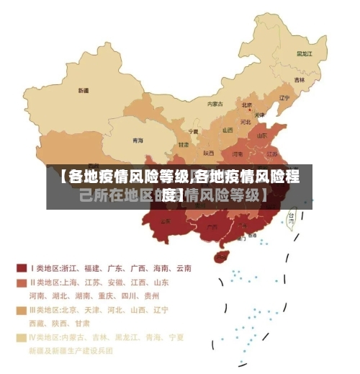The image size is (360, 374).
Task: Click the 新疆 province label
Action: [84, 91]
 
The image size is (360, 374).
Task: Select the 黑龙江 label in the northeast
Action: [304, 53]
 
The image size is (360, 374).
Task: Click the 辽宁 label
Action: [284, 98]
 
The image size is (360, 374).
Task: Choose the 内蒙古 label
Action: [215, 104]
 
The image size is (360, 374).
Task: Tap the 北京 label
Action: [246, 104]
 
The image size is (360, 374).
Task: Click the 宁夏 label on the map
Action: [193, 132]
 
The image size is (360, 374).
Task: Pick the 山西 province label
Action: [228, 130]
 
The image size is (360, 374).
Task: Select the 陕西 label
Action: [209, 153]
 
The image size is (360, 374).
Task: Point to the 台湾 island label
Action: [292, 215]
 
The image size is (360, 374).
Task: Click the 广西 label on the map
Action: [212, 226]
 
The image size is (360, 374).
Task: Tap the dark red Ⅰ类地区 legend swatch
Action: [21, 268]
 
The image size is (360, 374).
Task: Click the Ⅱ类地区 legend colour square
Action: [21, 282]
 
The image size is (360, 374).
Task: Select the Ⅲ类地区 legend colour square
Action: [21, 310]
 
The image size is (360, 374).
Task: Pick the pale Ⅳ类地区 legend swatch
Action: [21, 337]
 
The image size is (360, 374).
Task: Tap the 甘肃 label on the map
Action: [184, 145]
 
